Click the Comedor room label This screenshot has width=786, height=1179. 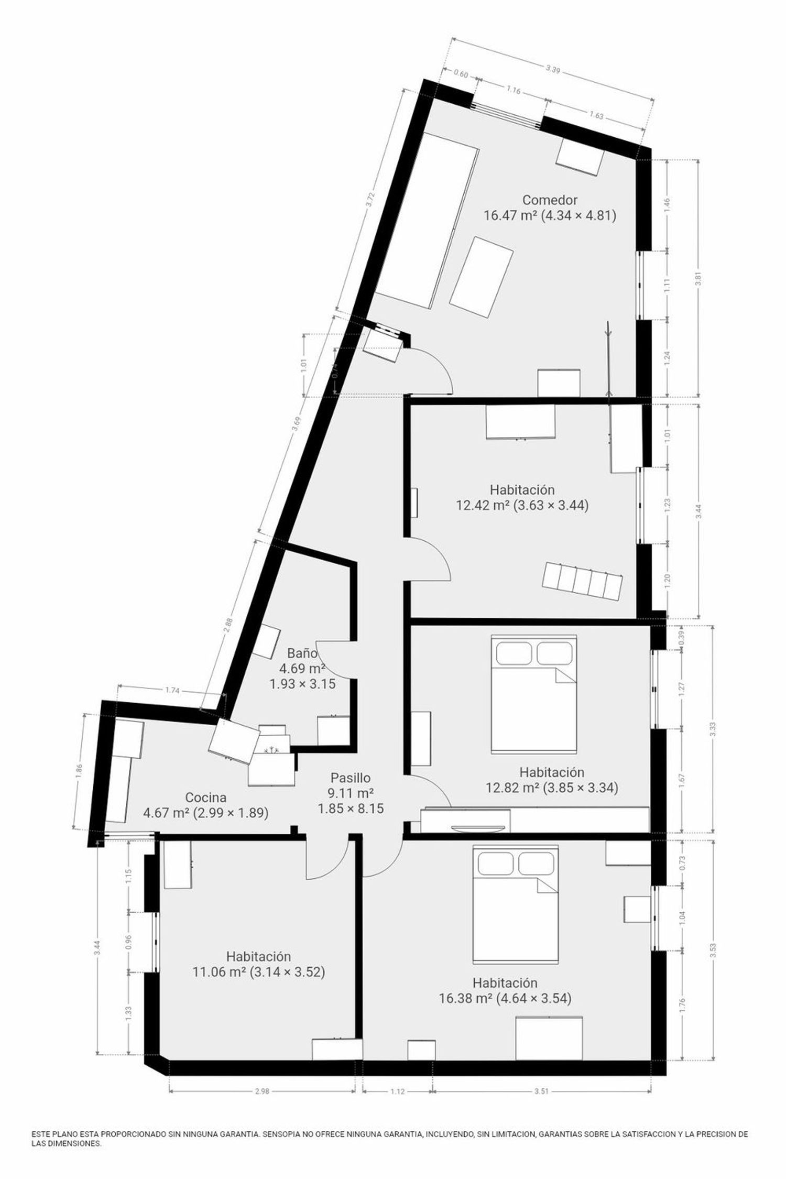coord(550,200)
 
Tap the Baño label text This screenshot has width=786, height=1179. coord(302,653)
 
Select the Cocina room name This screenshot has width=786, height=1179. coord(206,798)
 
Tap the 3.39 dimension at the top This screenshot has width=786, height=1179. coord(552,69)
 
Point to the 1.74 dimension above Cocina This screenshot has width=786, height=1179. coord(172,691)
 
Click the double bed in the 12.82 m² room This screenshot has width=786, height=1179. coord(533,695)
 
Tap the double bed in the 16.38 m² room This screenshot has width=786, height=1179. coord(516,904)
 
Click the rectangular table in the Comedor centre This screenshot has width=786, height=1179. coord(481,276)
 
